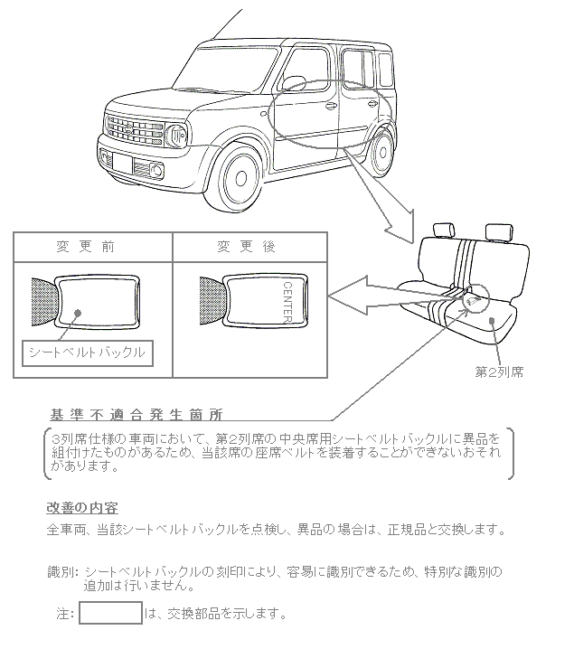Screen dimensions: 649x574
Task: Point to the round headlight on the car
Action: click(x=177, y=137)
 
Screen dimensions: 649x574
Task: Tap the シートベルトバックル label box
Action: click(x=87, y=352)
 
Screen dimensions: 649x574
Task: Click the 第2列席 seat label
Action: click(x=499, y=371)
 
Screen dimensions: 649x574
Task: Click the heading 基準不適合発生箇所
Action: click(x=136, y=414)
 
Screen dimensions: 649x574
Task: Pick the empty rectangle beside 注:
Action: click(x=110, y=613)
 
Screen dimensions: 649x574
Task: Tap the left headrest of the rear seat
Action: click(x=443, y=231)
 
